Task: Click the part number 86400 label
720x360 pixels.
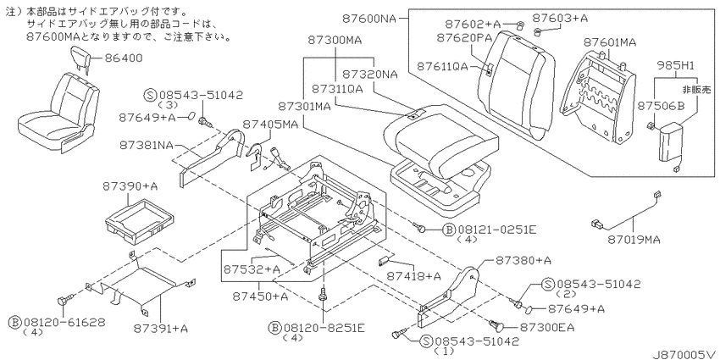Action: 124,58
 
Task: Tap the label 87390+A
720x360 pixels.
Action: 130,186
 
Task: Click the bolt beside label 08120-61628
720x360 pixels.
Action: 64,301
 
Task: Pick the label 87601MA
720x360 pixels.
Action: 610,42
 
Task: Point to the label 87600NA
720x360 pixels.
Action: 368,19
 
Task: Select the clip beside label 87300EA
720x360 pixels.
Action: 496,325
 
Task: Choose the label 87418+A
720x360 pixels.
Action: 413,276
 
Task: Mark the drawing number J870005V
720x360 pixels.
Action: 684,354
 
